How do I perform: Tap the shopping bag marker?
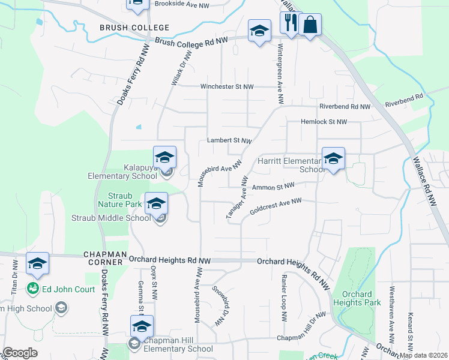click(x=310, y=25)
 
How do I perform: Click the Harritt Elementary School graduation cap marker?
click(x=333, y=159)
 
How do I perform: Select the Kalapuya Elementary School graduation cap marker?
click(x=164, y=158)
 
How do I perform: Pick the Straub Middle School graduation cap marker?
click(x=156, y=204)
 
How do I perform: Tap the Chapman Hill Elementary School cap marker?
click(x=142, y=327)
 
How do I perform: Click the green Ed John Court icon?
click(x=32, y=289)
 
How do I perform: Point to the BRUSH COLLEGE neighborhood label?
click(x=126, y=28)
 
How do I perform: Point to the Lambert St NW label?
click(x=229, y=140)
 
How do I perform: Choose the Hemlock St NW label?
click(x=325, y=122)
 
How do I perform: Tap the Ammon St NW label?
click(x=273, y=188)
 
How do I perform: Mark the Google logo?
click(x=20, y=353)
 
